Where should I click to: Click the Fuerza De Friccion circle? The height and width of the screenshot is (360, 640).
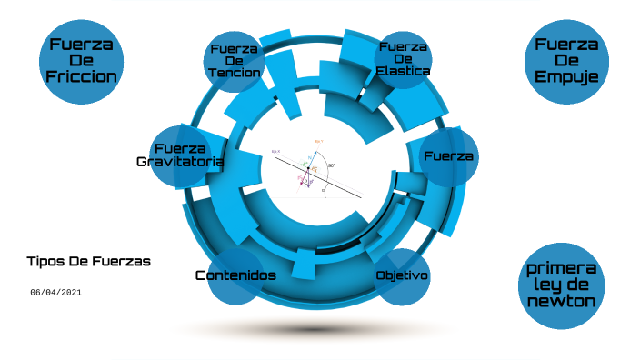click(82, 60)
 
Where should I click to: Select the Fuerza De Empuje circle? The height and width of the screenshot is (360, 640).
click(566, 60)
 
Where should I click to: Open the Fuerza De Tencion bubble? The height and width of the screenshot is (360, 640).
click(235, 60)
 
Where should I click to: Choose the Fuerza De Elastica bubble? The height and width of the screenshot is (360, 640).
click(404, 59)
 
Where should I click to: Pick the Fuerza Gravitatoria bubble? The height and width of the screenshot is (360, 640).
click(179, 156)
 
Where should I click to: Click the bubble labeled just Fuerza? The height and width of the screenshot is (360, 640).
click(449, 156)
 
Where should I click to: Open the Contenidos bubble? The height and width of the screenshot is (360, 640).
click(235, 275)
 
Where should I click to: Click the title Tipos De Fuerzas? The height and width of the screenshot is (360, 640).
click(89, 261)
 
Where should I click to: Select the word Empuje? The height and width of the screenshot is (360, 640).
click(566, 77)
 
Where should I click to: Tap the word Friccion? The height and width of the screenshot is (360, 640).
click(82, 76)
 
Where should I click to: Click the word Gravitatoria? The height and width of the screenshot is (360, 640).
click(179, 162)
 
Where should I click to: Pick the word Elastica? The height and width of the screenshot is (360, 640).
click(404, 71)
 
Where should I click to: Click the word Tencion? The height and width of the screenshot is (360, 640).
click(235, 73)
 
